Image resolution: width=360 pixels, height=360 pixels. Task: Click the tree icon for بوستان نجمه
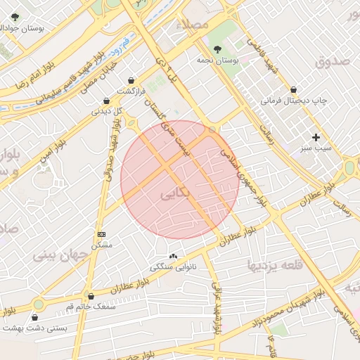(x=218, y=50)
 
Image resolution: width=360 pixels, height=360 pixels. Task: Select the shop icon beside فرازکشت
(x=132, y=80)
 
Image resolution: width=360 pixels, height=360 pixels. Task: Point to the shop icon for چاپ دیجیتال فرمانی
(x=294, y=90)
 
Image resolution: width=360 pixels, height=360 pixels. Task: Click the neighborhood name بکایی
(x=175, y=194)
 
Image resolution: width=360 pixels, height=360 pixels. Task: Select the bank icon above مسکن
(x=102, y=233)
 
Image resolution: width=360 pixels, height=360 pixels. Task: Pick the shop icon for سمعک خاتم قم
(x=90, y=296)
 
